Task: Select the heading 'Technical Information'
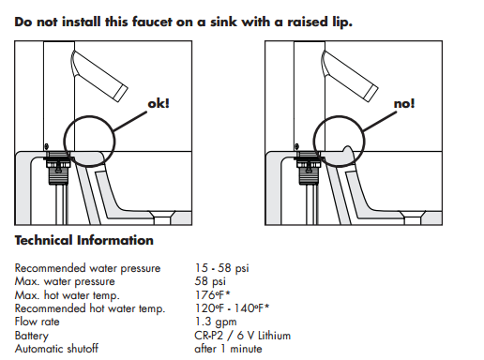[x=84, y=241]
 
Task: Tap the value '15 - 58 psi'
[x=222, y=269]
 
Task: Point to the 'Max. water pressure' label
[x=65, y=281]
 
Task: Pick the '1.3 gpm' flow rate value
[x=215, y=322]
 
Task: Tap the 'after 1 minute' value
[x=228, y=348]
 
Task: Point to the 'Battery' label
[x=34, y=335]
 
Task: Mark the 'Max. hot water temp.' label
[x=68, y=294]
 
